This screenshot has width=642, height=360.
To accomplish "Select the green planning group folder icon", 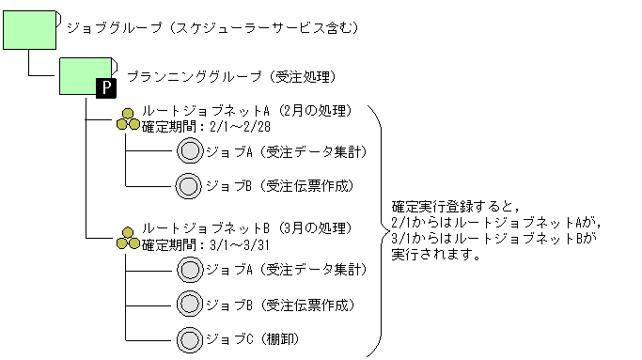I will point(86,76).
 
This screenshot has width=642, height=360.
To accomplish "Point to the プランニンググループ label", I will point(229,76).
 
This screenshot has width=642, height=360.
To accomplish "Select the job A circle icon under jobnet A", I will point(190,150).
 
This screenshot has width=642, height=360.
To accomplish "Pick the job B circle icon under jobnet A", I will point(190,184).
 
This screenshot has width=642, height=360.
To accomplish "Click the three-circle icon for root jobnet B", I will point(129,238).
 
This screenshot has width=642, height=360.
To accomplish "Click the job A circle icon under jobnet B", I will point(190,271).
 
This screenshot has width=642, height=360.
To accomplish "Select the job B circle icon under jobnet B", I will point(190,304).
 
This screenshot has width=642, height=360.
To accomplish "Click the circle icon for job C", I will point(190,337).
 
